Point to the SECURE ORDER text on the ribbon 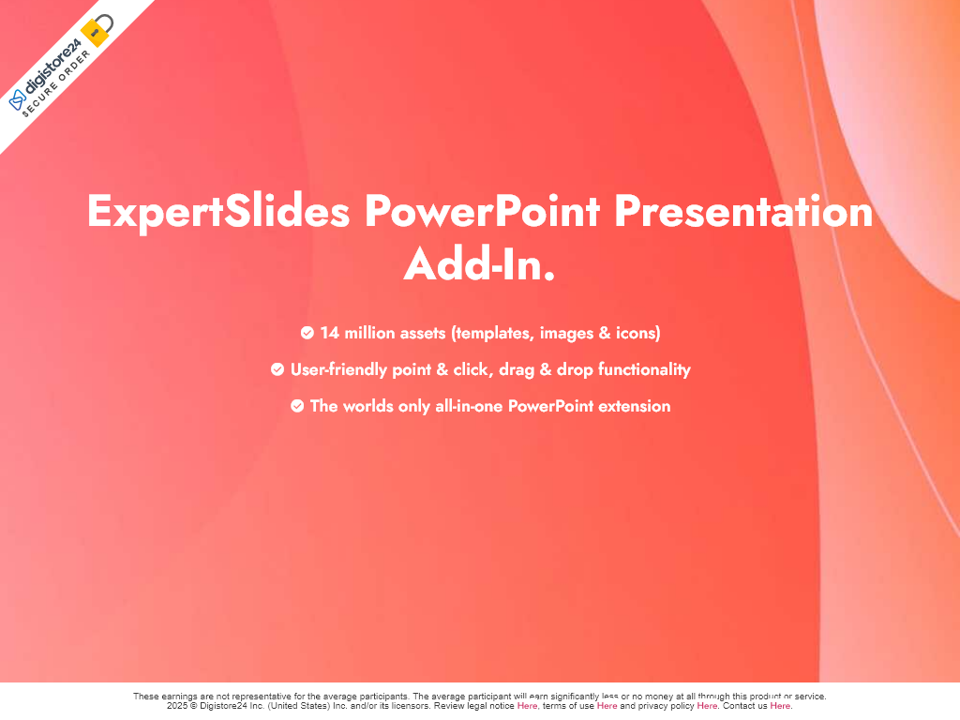(x=56, y=83)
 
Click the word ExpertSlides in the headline (x=218, y=211)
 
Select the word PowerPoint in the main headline (x=483, y=211)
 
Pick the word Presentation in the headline (x=743, y=211)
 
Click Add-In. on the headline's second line (x=479, y=263)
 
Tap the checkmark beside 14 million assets (x=307, y=333)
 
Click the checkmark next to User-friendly (x=277, y=369)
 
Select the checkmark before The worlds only (x=297, y=406)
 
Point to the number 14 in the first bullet (x=329, y=333)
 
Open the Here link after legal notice (x=527, y=706)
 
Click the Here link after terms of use (x=607, y=706)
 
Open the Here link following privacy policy (x=707, y=706)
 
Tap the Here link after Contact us (x=780, y=706)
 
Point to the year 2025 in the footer (x=177, y=706)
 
